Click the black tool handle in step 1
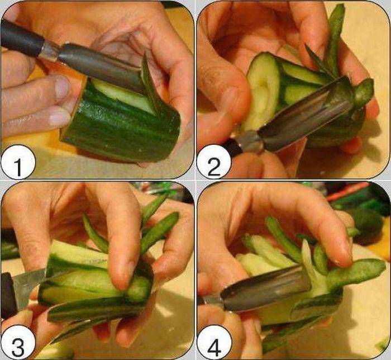click(x=20, y=37)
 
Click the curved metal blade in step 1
click(x=100, y=65)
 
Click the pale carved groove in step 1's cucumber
click(x=122, y=94)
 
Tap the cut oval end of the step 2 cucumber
click(x=263, y=92)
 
